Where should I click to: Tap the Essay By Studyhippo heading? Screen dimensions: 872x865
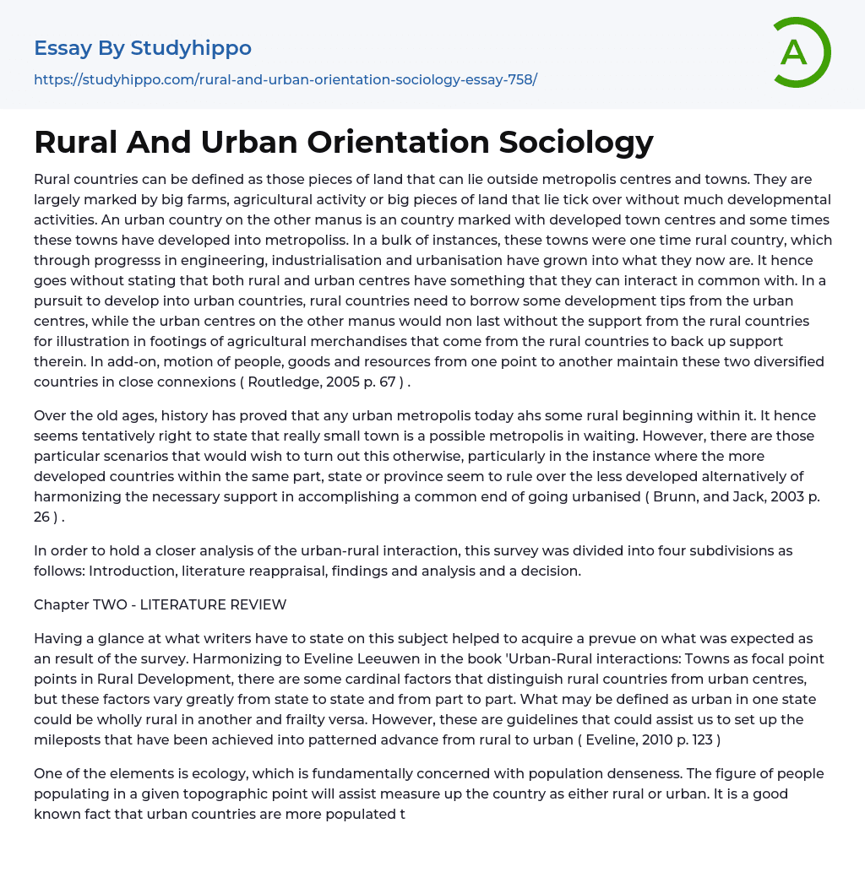pos(143,48)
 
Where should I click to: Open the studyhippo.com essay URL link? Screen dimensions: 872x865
pos(286,79)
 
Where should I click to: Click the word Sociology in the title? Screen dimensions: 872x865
pos(576,142)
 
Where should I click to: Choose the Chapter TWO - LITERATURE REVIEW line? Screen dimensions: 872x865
pos(160,604)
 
